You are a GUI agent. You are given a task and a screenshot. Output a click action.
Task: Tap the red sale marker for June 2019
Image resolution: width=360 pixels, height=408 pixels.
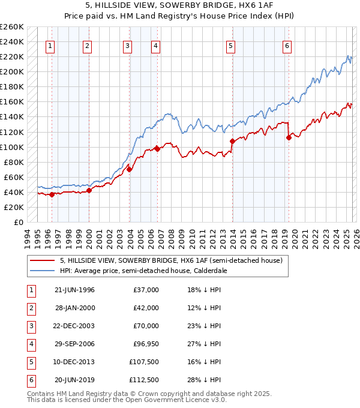click(x=289, y=137)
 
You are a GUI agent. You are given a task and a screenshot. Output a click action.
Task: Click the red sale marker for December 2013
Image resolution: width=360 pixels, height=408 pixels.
click(x=232, y=141)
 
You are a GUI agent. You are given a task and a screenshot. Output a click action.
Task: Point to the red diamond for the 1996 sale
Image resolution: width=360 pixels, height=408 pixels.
click(x=52, y=194)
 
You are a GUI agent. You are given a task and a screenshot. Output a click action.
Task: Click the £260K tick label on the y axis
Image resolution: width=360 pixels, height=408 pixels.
click(x=12, y=27)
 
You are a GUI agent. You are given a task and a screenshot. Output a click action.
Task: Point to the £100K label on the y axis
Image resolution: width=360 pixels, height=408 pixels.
click(x=12, y=147)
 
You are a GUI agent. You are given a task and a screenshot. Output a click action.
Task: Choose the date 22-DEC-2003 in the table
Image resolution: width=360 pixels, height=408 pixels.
click(x=74, y=326)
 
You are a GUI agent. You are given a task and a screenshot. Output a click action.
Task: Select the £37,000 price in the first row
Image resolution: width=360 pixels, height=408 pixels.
click(x=145, y=290)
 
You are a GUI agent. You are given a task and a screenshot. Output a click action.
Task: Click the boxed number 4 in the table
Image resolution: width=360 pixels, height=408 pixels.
click(x=31, y=344)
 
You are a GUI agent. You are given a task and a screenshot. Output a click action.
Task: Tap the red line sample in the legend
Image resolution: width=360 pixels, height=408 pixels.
click(x=41, y=260)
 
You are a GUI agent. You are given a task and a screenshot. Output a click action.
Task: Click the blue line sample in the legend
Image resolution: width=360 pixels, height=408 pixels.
click(x=41, y=271)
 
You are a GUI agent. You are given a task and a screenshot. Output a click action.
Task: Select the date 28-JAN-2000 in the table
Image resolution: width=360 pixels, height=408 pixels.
click(x=74, y=308)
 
